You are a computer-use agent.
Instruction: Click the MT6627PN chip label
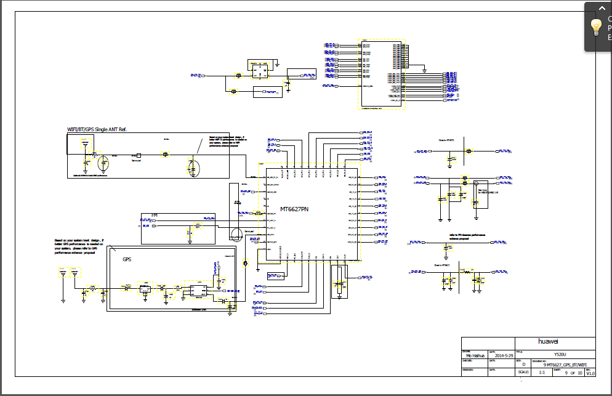[294, 209]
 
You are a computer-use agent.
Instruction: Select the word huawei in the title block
[551, 342]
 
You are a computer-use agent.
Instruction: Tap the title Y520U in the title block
[559, 355]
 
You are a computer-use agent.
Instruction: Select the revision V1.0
[590, 373]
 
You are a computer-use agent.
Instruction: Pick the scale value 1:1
[542, 373]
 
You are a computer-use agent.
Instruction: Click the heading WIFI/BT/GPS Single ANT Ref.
[96, 129]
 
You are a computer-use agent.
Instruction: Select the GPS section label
[127, 259]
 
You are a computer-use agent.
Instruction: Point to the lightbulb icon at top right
[595, 26]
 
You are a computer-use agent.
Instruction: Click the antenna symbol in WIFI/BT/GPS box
[85, 147]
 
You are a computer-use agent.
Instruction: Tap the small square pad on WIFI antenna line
[139, 155]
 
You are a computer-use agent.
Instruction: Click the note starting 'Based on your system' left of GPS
[79, 246]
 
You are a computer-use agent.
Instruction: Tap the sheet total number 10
[579, 373]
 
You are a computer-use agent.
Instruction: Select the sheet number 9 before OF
[565, 373]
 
